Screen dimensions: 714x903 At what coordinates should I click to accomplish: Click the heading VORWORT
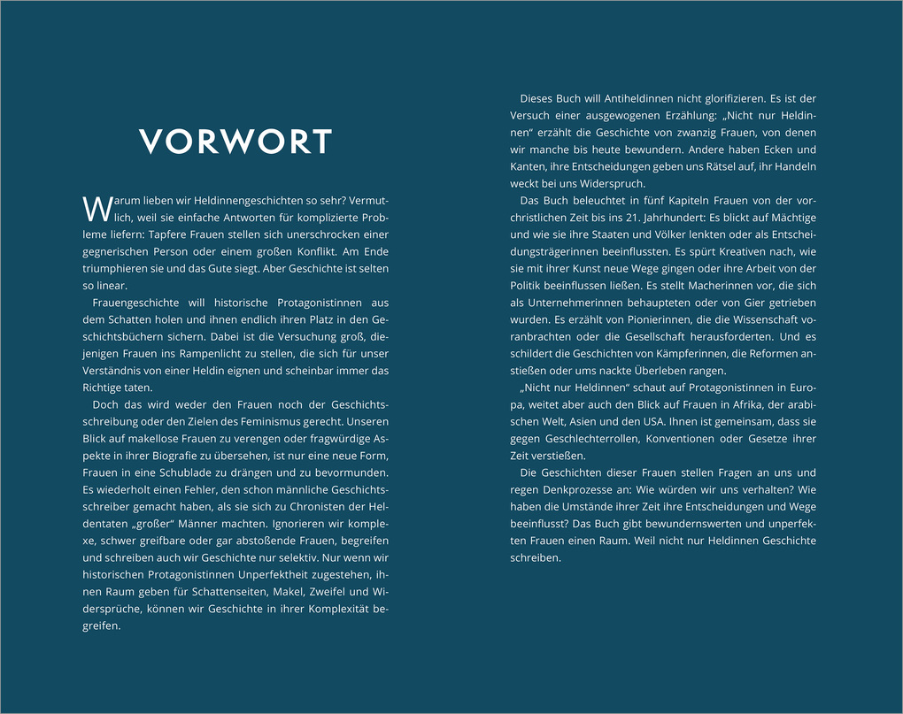click(x=235, y=142)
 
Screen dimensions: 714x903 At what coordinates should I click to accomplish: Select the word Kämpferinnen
click(x=680, y=354)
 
